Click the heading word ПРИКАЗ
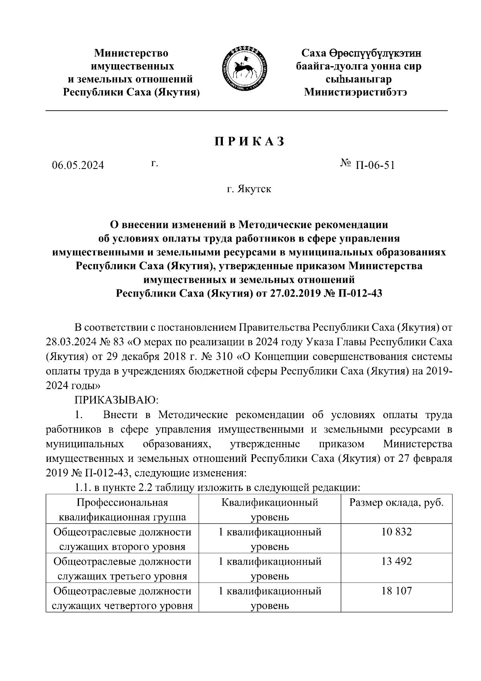click(x=249, y=142)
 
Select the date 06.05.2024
click(x=78, y=165)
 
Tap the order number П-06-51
click(x=374, y=165)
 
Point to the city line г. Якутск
click(x=249, y=189)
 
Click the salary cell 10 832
click(x=396, y=532)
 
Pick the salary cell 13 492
click(x=396, y=561)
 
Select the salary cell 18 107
click(x=396, y=591)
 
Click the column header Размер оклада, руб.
click(x=396, y=503)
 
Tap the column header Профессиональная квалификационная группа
click(x=122, y=510)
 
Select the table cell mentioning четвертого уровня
click(x=122, y=598)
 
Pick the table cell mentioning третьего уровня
click(x=122, y=569)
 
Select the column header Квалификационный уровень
click(x=269, y=510)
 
